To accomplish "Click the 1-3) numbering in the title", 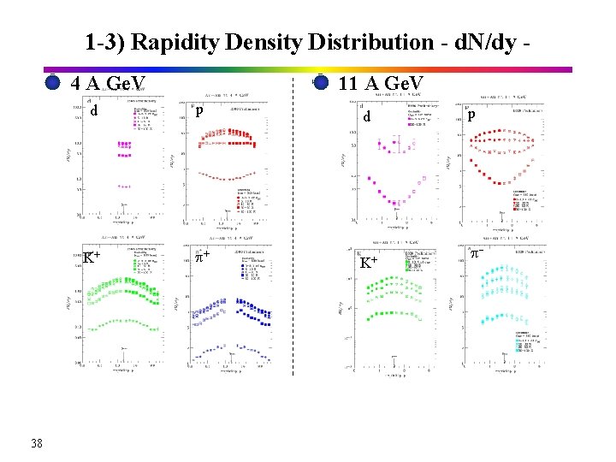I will pos(107,41).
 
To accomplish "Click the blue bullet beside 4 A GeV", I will pos(52,83).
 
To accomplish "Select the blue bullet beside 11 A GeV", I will pos(321,83).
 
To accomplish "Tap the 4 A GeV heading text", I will pos(109,84).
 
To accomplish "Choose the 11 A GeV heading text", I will pos(382,83).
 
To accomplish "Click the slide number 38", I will pos(37,442).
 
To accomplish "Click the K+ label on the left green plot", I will pos(92,257).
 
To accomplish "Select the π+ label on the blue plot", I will pos(202,256).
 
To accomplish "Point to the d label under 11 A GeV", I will pos(366,116).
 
